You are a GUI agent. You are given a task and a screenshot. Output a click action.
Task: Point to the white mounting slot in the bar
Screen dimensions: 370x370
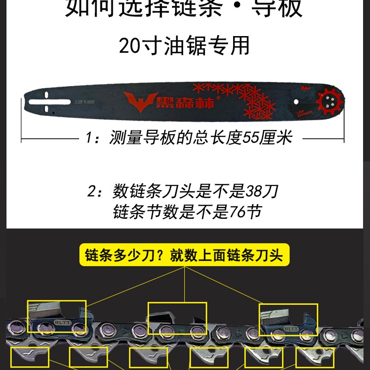(x=47, y=101)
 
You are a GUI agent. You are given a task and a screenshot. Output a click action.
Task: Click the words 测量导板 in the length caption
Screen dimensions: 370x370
(x=136, y=137)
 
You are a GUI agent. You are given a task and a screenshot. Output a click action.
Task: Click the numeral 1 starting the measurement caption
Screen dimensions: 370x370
(x=90, y=137)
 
